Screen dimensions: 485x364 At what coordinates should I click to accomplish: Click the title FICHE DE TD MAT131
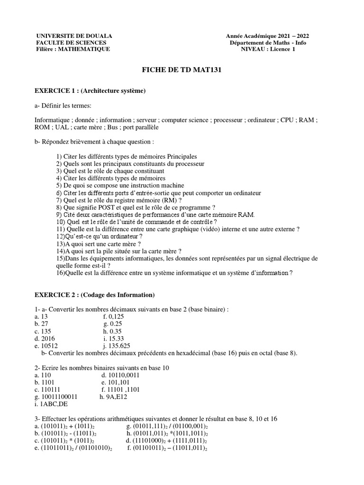(x=182, y=70)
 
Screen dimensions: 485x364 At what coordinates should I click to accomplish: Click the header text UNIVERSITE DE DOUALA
(x=74, y=36)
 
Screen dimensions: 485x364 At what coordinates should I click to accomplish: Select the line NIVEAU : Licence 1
(x=268, y=49)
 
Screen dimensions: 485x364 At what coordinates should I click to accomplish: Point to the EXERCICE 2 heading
(x=95, y=295)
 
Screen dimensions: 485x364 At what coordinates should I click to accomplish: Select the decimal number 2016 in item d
(x=48, y=339)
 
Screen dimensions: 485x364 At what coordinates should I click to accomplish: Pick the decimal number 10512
(x=50, y=346)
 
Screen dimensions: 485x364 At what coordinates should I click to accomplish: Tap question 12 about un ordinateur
(x=100, y=236)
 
